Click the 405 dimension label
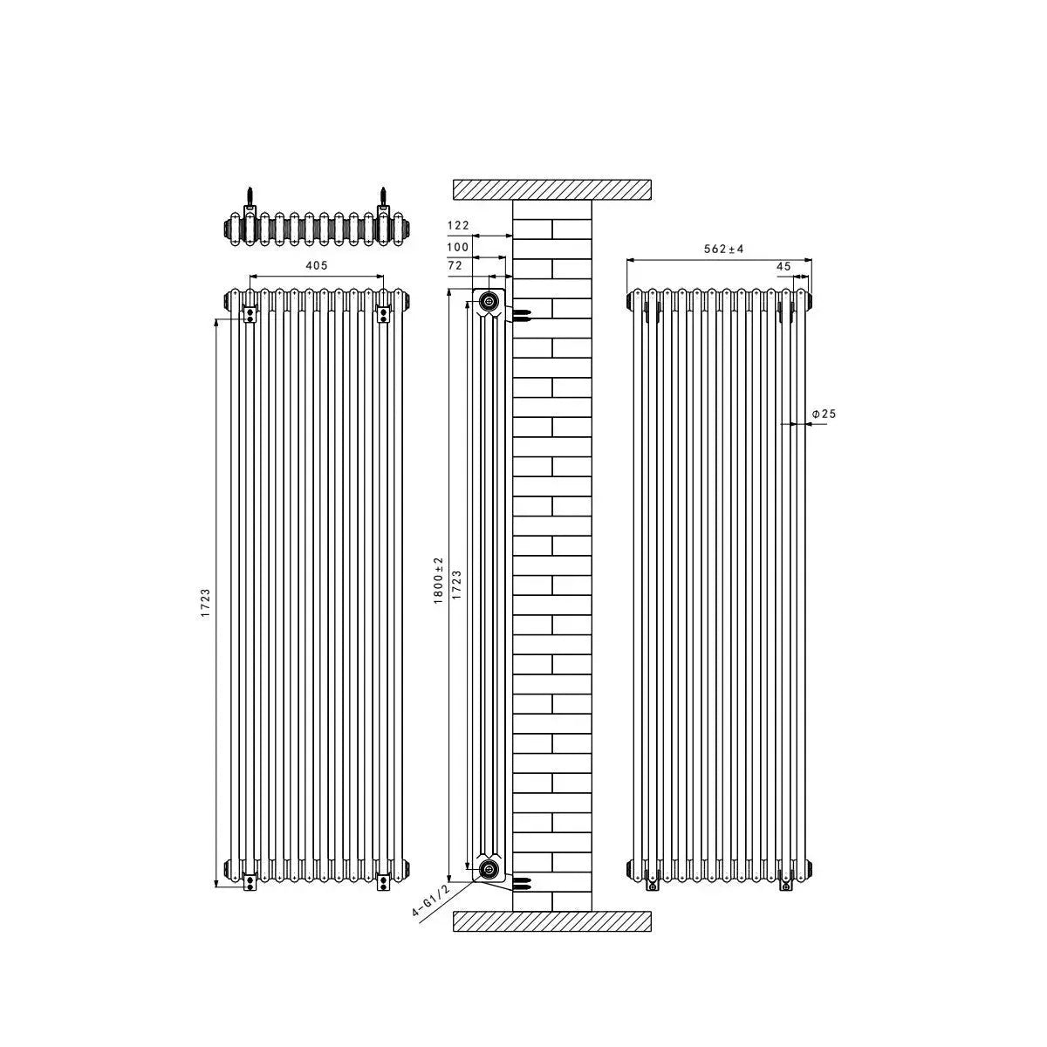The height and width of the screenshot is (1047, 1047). click(x=317, y=263)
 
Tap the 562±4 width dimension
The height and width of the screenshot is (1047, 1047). click(x=724, y=249)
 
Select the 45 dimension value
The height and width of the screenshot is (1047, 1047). click(x=783, y=266)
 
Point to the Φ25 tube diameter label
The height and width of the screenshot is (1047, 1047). click(x=824, y=414)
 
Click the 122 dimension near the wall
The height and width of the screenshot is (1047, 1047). click(x=458, y=225)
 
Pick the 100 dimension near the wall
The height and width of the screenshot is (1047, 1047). click(x=458, y=247)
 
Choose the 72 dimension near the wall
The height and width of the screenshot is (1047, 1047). click(x=455, y=263)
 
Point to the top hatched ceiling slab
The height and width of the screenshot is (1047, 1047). click(x=551, y=189)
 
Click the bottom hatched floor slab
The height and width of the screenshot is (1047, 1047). click(x=551, y=922)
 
